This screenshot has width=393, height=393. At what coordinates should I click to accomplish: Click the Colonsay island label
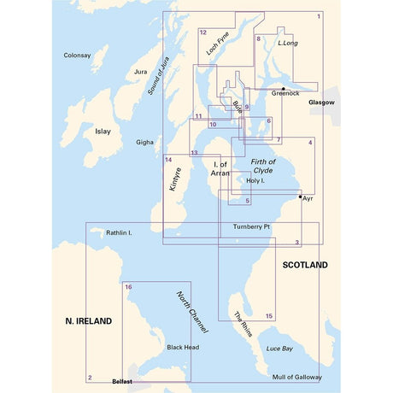click(x=77, y=56)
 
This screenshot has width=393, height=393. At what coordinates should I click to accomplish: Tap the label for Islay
click(x=103, y=132)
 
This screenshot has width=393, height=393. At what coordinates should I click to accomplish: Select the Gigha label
click(x=145, y=143)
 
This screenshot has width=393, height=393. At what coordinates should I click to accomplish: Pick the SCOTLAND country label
click(x=305, y=266)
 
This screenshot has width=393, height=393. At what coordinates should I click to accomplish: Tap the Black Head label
click(x=183, y=348)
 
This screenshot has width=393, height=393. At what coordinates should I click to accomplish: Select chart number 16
click(x=128, y=287)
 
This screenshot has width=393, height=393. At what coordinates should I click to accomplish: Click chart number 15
click(x=269, y=316)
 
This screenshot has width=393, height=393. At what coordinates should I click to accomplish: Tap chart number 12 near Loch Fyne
click(x=202, y=32)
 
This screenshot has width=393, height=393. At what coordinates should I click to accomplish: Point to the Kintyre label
click(x=176, y=183)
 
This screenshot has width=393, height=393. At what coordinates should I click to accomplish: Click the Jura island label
click(x=142, y=73)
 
